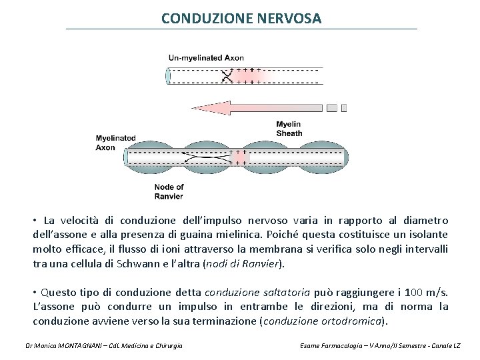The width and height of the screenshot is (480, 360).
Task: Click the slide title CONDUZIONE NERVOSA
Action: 241,18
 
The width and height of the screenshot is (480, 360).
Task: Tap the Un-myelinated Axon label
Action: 206,58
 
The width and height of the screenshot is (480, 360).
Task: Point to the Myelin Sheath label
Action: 289,129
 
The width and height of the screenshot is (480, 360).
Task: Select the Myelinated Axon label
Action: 115,143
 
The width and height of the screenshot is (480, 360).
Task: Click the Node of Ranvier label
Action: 169,191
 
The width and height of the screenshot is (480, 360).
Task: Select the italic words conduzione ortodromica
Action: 323,321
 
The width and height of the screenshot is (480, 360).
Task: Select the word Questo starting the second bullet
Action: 58,292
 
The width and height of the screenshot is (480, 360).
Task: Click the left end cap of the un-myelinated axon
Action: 168,76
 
